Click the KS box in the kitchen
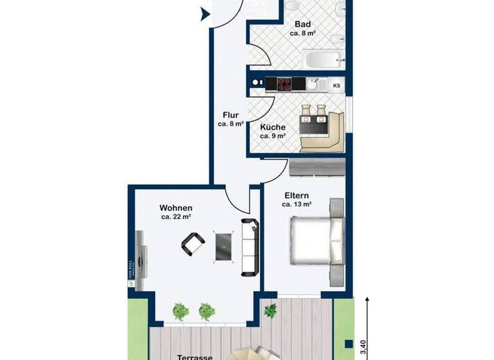click(336, 85)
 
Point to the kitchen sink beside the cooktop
click(313, 84)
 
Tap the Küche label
click(272, 127)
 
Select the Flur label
click(230, 116)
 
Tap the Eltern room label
click(296, 195)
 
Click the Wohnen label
click(176, 208)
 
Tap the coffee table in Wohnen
click(224, 246)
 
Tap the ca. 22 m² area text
click(176, 217)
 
